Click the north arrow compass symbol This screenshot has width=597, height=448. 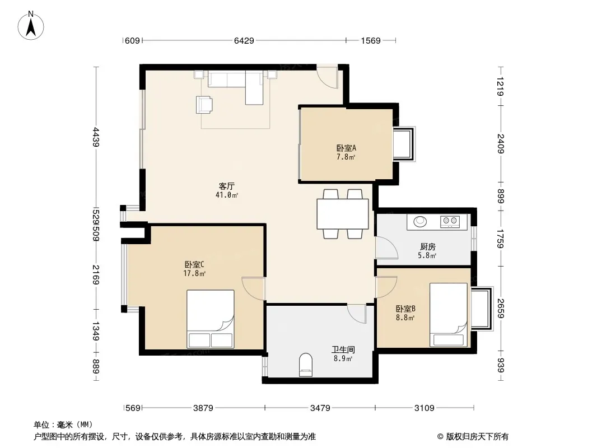coord(31,26)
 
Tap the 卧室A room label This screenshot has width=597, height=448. coord(346,148)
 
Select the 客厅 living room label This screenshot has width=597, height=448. coord(227,186)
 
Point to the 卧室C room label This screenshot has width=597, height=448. coord(194,264)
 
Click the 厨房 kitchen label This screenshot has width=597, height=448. coord(427,247)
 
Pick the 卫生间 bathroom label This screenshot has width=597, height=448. coord(343,349)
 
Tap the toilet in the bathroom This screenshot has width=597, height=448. coord(305,365)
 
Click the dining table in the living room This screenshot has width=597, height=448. coord(343,214)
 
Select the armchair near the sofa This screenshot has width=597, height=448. coord(204,105)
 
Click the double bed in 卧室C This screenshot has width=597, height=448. coord(210,319)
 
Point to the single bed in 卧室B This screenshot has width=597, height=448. coord(449,315)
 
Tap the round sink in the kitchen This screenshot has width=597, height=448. coord(421,221)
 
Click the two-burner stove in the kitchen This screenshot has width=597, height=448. coord(450,221)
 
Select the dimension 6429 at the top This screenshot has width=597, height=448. coord(244,40)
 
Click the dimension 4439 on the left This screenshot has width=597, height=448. coord(96,137)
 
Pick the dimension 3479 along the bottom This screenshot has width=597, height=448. coord(320,408)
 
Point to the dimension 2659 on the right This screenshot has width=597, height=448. coord(501,309)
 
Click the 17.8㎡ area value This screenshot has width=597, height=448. coord(194,273)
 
